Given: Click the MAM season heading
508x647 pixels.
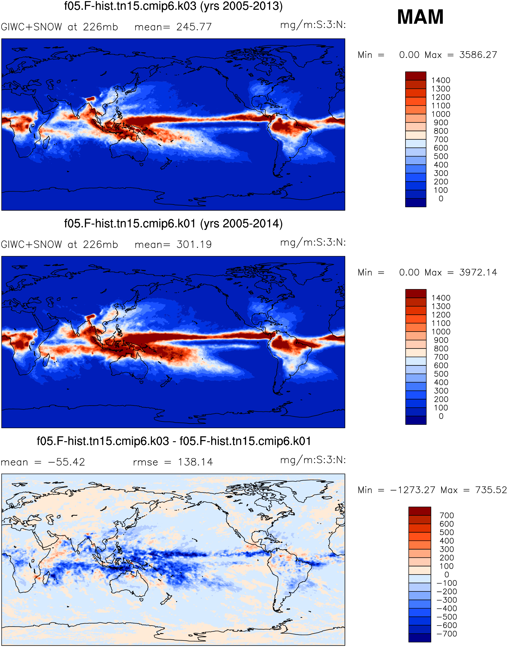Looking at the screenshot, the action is pyautogui.click(x=420, y=17).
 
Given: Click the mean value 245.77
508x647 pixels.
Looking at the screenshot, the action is pyautogui.click(x=194, y=27).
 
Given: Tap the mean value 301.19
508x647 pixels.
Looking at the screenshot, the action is pyautogui.click(x=194, y=245).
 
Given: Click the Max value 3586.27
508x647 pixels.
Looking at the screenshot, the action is pyautogui.click(x=478, y=55).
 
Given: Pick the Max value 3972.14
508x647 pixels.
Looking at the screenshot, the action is pyautogui.click(x=478, y=272).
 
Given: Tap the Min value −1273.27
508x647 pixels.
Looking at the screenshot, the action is pyautogui.click(x=413, y=490).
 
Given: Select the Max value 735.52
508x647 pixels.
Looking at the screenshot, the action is pyautogui.click(x=491, y=490).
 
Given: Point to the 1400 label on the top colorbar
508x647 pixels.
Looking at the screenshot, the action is pyautogui.click(x=441, y=80).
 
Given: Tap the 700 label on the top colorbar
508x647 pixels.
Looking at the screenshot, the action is pyautogui.click(x=441, y=139).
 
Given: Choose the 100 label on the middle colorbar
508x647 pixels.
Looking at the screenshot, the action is pyautogui.click(x=441, y=408).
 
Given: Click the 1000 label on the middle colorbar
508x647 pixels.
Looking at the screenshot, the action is pyautogui.click(x=441, y=332).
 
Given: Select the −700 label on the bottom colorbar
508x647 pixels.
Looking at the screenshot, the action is pyautogui.click(x=447, y=634).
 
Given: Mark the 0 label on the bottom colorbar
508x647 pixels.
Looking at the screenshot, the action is pyautogui.click(x=447, y=575).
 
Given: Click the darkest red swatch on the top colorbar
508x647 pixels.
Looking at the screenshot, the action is pyautogui.click(x=416, y=76).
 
